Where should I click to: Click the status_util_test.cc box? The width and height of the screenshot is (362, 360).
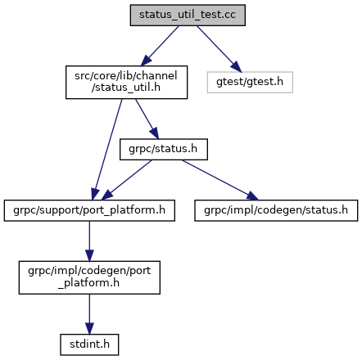coord(188,15)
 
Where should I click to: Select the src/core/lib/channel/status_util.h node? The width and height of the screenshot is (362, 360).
coord(126,82)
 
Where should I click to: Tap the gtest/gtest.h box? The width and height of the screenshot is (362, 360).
coord(250,82)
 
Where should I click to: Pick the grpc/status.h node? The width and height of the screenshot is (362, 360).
coord(164,149)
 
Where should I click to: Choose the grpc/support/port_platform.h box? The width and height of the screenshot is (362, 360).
coord(89,210)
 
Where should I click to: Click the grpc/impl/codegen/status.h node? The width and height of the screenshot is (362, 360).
coord(276,210)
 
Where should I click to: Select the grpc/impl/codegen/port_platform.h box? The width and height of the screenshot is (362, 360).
coord(89,277)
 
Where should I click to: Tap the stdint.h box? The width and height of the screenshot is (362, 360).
coord(89,344)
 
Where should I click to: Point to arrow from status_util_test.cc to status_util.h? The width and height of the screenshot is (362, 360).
coord(160,46)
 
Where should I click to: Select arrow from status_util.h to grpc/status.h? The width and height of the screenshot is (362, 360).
coord(147,119)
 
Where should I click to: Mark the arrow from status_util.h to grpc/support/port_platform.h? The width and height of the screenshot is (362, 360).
coord(107,150)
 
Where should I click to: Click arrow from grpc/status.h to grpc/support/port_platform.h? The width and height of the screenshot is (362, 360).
coord(126,180)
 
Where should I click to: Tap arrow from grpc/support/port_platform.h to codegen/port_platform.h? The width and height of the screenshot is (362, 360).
coord(89,241)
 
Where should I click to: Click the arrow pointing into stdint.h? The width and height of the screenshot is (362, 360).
coord(89,314)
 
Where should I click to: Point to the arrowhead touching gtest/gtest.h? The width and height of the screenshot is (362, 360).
coord(237,67)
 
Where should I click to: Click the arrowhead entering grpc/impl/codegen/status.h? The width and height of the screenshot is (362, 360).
coord(252,196)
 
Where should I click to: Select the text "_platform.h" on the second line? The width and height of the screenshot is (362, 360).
coord(88,283)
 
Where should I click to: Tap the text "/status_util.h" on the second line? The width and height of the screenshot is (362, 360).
coord(126,88)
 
